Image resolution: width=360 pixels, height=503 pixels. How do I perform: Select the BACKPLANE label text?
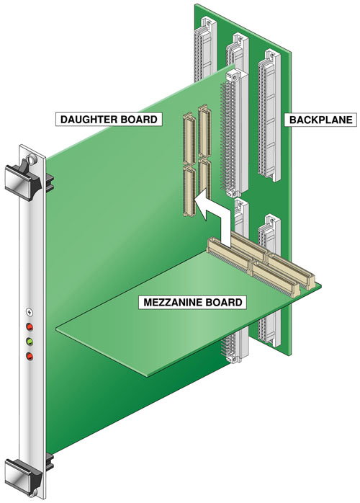click(x=320, y=120)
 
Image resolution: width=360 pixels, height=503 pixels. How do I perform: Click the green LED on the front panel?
click(x=30, y=341)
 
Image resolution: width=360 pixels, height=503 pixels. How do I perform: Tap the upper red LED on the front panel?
click(x=30, y=327)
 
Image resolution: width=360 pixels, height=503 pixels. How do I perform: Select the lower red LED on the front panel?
click(x=30, y=355)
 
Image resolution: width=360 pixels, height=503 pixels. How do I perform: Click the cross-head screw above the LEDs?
click(x=29, y=313)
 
